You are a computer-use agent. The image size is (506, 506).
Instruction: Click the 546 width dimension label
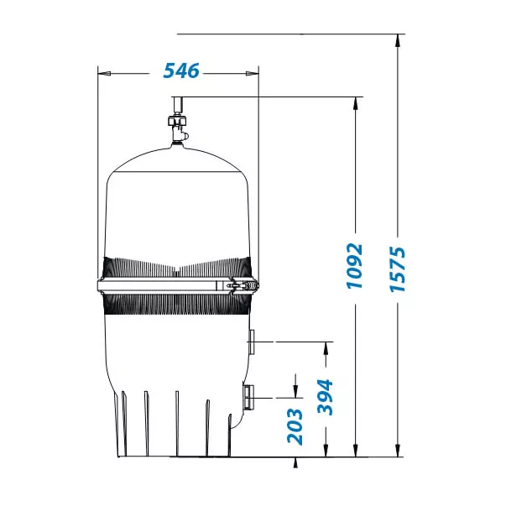point(181,71)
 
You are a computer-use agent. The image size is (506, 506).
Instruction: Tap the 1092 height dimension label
point(354,266)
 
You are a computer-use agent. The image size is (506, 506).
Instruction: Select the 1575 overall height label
point(397,269)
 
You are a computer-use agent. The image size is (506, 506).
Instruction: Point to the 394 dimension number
point(325,397)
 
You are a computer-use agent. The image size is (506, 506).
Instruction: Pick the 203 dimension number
point(295,427)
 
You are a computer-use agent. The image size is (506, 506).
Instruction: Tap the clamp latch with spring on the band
point(243,285)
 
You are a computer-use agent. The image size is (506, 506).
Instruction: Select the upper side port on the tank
point(251,342)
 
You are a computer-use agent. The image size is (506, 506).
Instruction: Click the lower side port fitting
point(248,397)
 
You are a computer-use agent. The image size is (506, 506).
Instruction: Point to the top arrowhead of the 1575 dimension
point(398,39)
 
